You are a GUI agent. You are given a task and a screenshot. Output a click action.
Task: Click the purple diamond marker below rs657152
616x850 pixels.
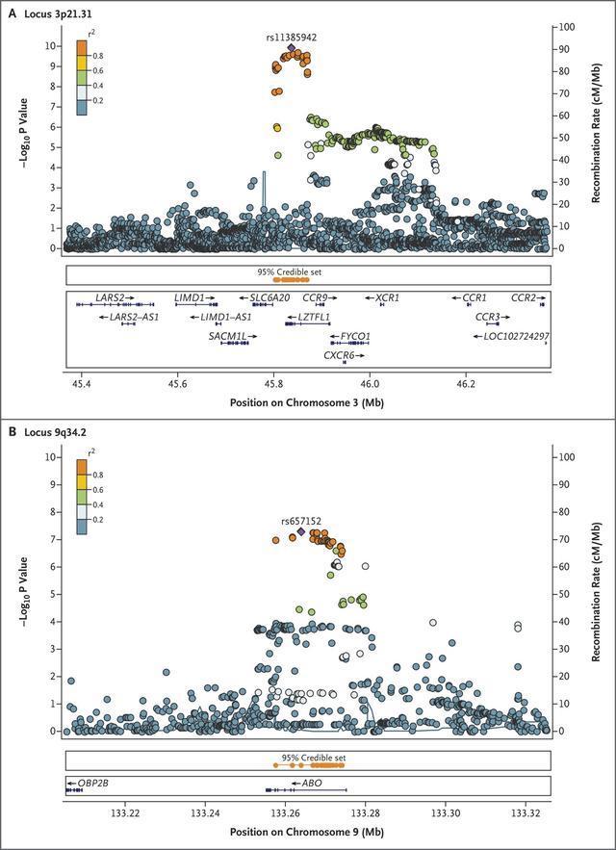301,531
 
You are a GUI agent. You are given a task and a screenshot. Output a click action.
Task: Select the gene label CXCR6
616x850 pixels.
338,355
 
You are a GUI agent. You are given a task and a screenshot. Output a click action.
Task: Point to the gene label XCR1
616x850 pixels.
387,298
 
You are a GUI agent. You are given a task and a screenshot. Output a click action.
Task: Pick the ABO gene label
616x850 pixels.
312,784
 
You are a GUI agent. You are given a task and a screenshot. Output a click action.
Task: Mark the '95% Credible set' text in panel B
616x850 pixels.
314,758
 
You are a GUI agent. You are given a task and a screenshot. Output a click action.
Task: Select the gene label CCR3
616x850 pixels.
487,317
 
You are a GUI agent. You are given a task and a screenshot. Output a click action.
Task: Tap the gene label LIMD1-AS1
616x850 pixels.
225,317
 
